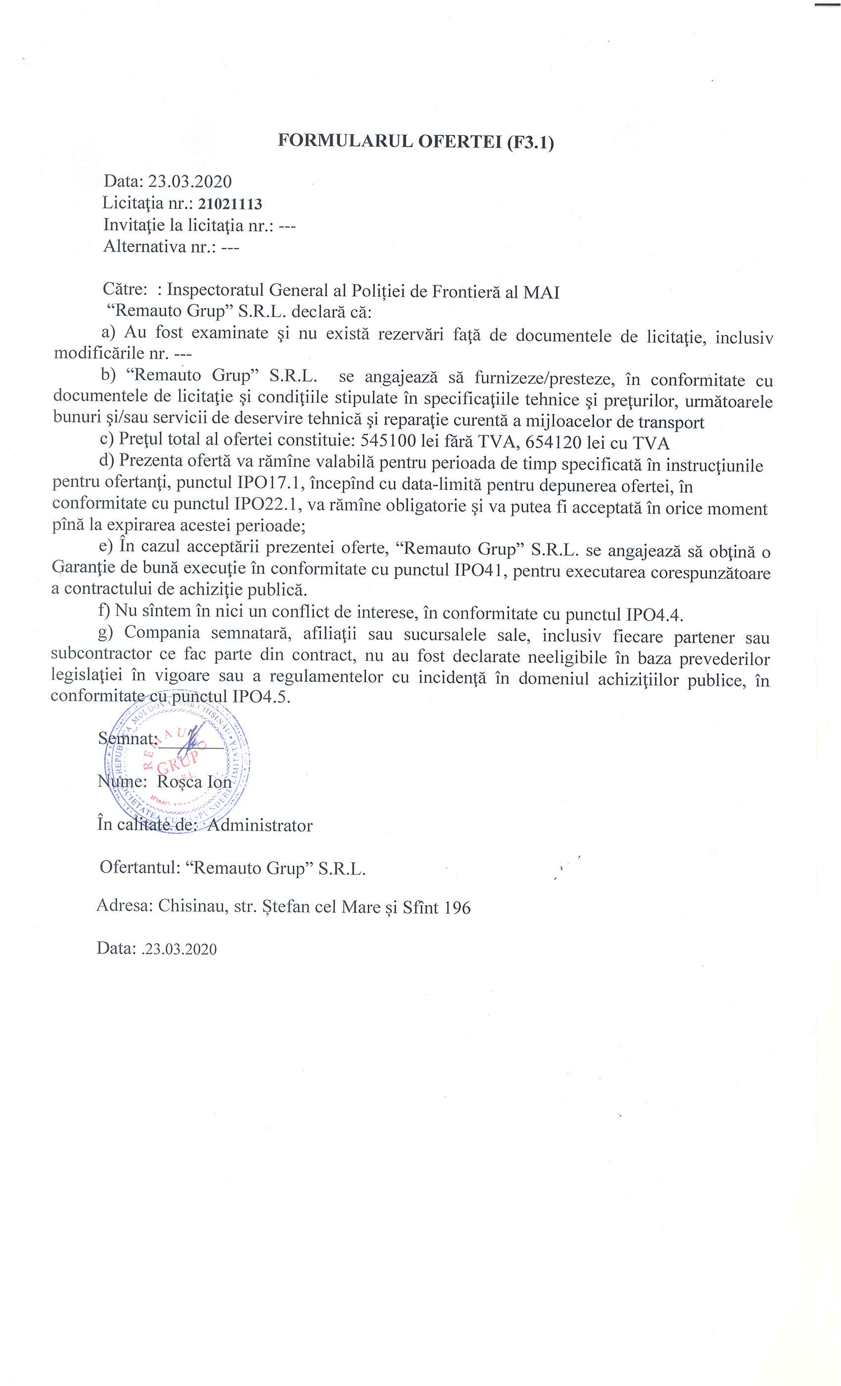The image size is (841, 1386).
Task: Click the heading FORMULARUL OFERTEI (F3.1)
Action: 416,141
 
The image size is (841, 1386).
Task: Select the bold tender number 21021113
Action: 230,204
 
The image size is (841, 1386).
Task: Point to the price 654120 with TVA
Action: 553,442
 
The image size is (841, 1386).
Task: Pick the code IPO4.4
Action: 654,614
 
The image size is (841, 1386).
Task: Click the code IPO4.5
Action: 261,696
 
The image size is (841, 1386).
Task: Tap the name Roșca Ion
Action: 194,782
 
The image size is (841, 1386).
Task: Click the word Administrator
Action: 260,826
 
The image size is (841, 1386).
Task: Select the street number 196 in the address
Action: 457,908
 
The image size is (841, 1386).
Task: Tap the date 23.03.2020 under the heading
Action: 189,182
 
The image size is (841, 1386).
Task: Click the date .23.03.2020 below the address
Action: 179,950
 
